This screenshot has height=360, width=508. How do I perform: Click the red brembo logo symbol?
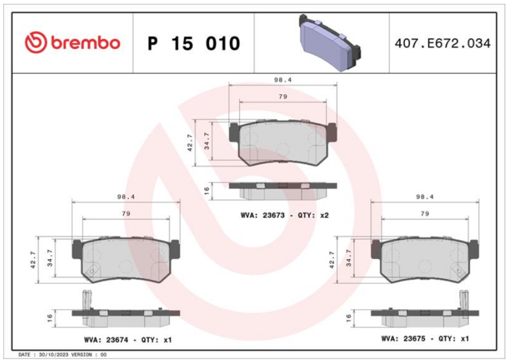[x=36, y=43]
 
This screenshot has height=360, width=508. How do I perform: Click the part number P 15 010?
[x=194, y=43]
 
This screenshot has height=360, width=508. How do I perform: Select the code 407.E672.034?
[x=443, y=43]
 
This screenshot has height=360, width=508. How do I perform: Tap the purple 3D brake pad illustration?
[x=330, y=42]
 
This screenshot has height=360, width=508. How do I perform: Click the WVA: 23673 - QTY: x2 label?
[x=284, y=215]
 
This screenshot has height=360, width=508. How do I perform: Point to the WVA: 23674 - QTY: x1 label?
[x=128, y=340]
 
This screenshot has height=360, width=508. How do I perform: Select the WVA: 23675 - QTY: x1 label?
[x=425, y=338]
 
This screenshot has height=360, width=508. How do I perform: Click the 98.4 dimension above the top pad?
[x=283, y=80]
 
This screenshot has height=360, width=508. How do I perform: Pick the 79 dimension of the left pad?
[x=126, y=213]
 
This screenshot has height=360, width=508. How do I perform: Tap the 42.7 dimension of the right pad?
[x=331, y=260]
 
